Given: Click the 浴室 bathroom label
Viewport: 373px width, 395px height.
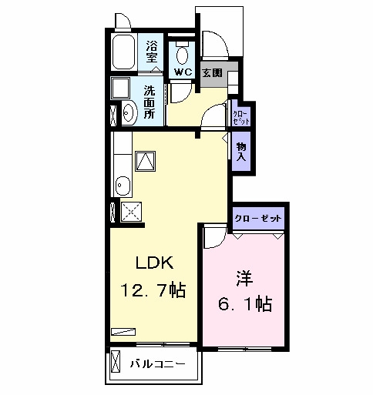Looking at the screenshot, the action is (x=151, y=52).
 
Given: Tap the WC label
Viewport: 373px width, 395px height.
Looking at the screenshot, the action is (x=183, y=72).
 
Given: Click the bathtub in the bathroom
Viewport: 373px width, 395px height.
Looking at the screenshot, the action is (x=124, y=52).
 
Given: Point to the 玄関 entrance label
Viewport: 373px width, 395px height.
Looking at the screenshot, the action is (x=212, y=73).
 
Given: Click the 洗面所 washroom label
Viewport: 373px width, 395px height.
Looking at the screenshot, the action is (x=150, y=102).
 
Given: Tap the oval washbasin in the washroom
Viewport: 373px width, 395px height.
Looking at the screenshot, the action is (x=129, y=113).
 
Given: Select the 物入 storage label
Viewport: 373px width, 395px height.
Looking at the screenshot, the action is (x=241, y=152).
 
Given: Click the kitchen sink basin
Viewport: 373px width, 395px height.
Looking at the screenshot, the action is (x=123, y=186).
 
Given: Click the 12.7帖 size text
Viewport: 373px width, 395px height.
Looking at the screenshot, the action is (x=153, y=290).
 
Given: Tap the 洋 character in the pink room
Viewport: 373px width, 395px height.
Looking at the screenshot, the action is (x=244, y=279).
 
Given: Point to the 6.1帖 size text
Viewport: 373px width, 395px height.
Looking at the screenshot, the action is (x=245, y=303).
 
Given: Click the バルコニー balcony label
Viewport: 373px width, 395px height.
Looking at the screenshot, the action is (x=157, y=364).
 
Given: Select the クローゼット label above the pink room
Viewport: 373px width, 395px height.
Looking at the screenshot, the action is (x=258, y=219).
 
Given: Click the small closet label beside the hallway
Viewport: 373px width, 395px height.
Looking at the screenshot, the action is (x=241, y=118).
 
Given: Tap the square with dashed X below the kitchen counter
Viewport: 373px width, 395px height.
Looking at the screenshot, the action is (x=131, y=212).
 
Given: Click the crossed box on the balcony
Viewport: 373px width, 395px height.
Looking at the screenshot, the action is (x=116, y=361).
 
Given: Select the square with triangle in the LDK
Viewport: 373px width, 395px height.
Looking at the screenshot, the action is (x=146, y=161).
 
